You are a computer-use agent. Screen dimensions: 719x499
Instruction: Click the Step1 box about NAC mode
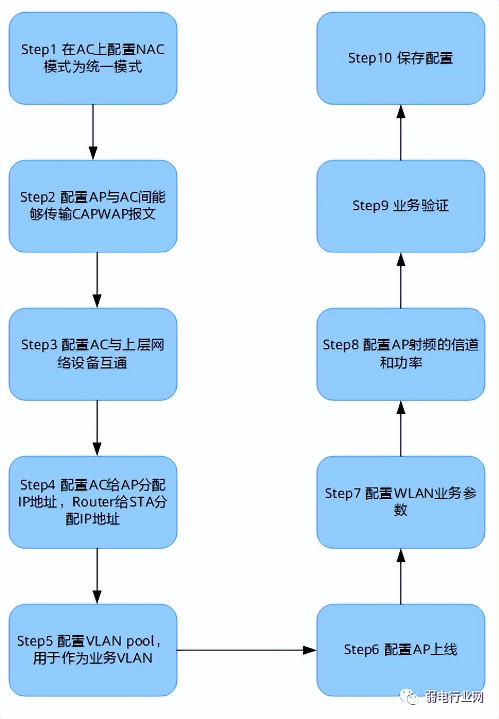(93, 58)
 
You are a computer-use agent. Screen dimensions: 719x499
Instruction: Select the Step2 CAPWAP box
(93, 206)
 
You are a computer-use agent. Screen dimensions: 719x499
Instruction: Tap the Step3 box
(93, 354)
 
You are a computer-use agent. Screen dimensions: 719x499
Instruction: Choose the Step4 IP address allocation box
(93, 502)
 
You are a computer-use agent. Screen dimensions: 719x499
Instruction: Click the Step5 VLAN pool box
(93, 649)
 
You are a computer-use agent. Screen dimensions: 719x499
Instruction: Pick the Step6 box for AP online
(401, 649)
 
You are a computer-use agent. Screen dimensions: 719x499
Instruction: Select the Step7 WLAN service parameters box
(401, 502)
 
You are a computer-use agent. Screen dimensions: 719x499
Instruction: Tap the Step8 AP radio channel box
(401, 354)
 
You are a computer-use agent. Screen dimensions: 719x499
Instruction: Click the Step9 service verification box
(401, 206)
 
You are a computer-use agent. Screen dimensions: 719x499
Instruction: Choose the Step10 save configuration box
(401, 58)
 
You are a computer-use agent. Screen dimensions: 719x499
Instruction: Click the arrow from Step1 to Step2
(93, 132)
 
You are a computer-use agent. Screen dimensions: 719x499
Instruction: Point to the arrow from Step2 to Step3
(97, 280)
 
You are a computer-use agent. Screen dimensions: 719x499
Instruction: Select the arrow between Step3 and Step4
(97, 428)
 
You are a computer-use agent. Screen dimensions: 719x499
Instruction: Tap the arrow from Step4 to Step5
(97, 576)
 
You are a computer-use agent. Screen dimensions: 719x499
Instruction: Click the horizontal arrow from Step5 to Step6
(247, 650)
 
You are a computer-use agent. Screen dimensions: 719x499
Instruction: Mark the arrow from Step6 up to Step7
(401, 576)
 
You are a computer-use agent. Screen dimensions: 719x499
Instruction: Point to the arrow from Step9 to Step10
(401, 132)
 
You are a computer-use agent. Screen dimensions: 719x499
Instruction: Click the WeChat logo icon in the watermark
(409, 696)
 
